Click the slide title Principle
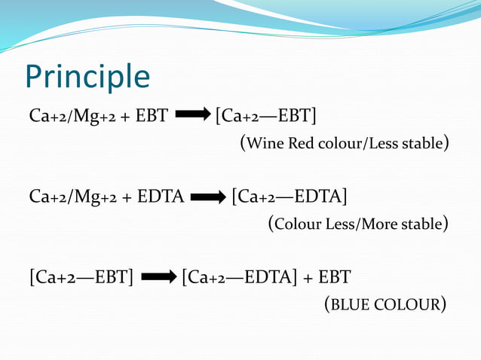pos(87,77)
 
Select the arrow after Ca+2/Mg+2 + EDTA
pos(208,198)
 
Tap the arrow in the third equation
pos(158,278)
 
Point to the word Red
pos(300,143)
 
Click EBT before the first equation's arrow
pos(152,117)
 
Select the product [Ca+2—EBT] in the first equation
pos(265,117)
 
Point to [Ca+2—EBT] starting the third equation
pos(81,278)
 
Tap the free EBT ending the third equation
pos(334,278)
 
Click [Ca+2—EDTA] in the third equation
pos(240,278)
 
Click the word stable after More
pos(424,224)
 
